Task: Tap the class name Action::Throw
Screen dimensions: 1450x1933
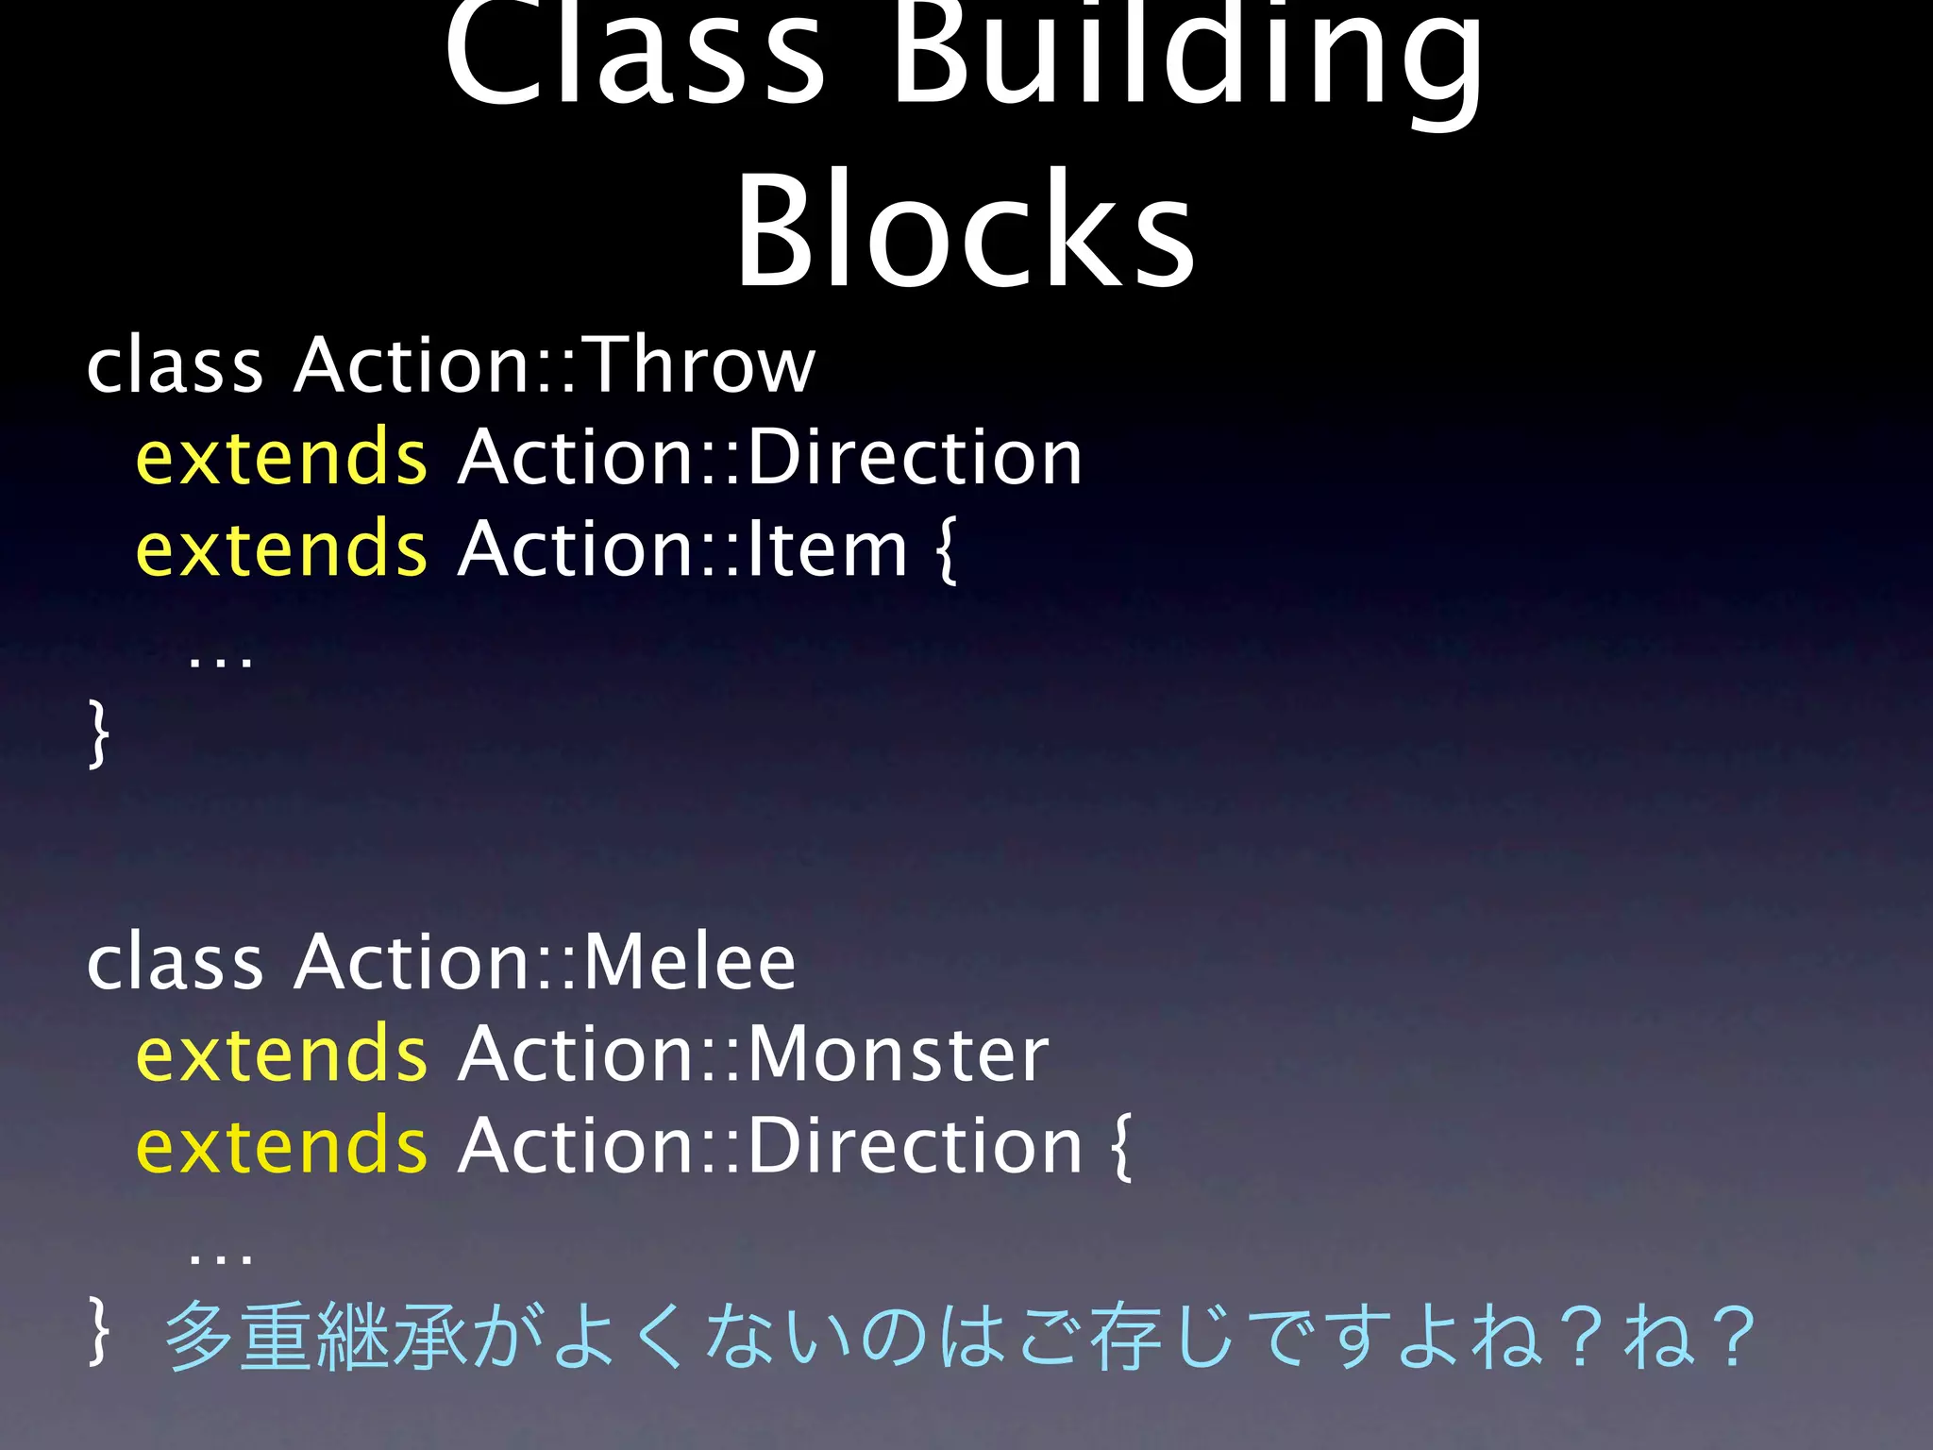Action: point(554,365)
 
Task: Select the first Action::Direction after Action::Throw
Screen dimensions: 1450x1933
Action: point(770,458)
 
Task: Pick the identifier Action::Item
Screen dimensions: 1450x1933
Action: point(682,549)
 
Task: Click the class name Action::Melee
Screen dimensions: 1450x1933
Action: point(545,963)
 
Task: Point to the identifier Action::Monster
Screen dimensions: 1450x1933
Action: point(753,1054)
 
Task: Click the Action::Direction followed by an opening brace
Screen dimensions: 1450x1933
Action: point(770,1146)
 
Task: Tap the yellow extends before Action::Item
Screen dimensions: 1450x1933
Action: point(281,549)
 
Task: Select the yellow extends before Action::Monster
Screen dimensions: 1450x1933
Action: point(281,1054)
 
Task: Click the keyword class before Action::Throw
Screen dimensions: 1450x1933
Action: point(175,365)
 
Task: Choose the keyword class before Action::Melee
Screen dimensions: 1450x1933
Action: point(175,963)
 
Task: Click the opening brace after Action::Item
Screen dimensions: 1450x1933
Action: point(946,549)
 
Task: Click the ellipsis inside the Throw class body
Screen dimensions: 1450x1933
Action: point(221,658)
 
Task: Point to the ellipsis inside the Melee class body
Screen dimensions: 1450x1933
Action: point(221,1256)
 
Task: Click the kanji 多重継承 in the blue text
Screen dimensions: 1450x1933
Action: point(316,1335)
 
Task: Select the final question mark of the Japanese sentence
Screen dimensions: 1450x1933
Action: point(1735,1335)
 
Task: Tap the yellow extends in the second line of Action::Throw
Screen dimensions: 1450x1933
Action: point(281,458)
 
